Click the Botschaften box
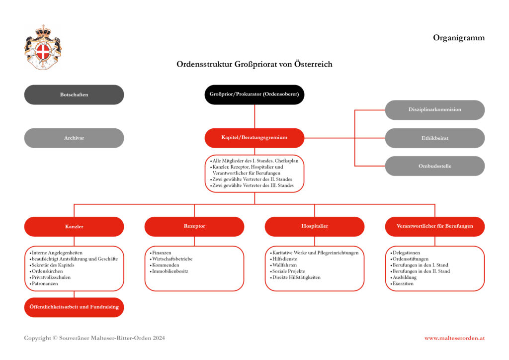[74, 94]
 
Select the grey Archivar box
[74, 138]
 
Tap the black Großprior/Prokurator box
[254, 94]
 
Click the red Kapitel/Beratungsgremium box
[254, 138]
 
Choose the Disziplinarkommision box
[434, 110]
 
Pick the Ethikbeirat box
[434, 138]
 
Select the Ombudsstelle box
[434, 166]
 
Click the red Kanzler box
[74, 227]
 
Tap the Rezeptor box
[194, 227]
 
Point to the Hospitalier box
[314, 227]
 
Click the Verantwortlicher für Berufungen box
[434, 227]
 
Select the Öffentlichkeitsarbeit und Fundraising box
[74, 307]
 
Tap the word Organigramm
[458, 38]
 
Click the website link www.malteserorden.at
[454, 338]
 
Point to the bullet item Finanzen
[162, 253]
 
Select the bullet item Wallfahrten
[285, 265]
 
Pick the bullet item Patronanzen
[45, 283]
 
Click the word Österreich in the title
[312, 65]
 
